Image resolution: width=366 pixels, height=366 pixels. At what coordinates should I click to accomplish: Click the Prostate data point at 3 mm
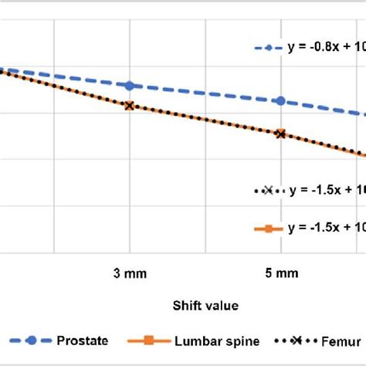(x=129, y=85)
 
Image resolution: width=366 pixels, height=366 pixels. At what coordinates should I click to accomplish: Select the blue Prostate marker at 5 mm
(x=280, y=101)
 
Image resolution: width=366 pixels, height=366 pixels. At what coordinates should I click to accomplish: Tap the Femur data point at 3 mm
(x=129, y=106)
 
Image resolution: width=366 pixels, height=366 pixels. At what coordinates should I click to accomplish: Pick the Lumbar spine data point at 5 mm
(x=280, y=134)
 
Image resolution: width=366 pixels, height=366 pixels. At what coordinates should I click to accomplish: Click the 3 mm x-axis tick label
(x=129, y=273)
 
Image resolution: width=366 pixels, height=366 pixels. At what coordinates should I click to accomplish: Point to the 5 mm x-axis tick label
(x=281, y=273)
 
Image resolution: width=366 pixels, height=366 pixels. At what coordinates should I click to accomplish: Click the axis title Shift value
(x=205, y=306)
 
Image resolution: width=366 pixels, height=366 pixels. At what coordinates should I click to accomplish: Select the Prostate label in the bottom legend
(x=83, y=340)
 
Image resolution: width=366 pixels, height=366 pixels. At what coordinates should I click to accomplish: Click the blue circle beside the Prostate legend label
(x=32, y=340)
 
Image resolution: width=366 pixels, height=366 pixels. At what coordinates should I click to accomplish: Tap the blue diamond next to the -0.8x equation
(x=268, y=48)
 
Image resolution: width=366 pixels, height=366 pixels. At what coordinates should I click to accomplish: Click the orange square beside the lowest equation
(x=268, y=228)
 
